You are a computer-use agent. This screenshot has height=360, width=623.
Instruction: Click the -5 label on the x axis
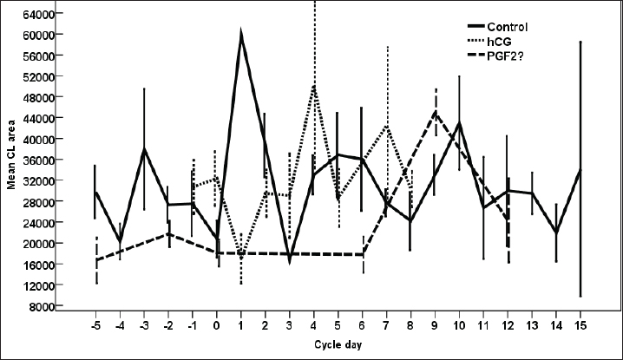[95, 325]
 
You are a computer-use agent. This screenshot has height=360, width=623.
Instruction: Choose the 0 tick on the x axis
[217, 325]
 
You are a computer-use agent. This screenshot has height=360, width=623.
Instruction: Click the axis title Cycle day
[336, 345]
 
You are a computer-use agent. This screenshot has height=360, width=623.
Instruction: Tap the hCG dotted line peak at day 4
[314, 85]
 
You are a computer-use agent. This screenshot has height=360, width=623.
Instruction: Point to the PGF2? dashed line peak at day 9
[436, 112]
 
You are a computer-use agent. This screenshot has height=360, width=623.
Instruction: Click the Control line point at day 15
[579, 170]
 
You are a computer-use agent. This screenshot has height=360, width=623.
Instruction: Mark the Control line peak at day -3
[144, 149]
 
